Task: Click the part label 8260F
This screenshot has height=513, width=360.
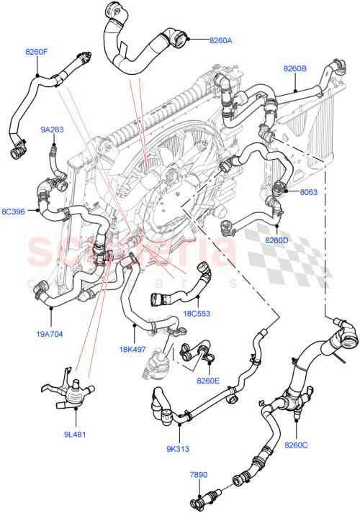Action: [37, 52]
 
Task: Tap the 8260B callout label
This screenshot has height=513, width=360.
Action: [295, 68]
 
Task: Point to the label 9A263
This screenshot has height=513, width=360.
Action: [52, 130]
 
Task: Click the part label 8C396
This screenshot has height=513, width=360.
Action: [14, 212]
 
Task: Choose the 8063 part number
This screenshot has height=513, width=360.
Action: [308, 192]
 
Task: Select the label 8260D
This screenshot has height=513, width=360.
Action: [276, 240]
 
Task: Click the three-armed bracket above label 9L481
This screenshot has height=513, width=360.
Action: [69, 394]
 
